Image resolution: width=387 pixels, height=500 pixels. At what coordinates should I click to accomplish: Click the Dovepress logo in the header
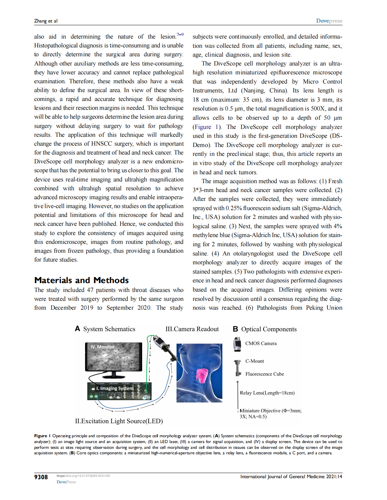[x=329, y=21]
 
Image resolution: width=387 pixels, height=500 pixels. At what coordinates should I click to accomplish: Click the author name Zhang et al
[x=46, y=21]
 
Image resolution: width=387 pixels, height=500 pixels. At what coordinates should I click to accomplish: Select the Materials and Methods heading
[x=81, y=280]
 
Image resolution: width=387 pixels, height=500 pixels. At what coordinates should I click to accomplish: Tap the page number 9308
[x=41, y=477]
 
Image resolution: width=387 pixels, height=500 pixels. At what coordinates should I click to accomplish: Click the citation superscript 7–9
[x=180, y=34]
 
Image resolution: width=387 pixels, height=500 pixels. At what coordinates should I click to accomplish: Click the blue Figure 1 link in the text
[x=206, y=127]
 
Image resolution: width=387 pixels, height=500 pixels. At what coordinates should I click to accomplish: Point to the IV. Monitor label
[x=102, y=347]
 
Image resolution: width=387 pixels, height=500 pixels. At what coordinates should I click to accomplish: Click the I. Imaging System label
[x=114, y=388]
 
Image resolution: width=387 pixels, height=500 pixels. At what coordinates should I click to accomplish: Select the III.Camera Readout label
[x=192, y=329]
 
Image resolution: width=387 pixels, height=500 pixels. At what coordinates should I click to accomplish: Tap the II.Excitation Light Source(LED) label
[x=119, y=421]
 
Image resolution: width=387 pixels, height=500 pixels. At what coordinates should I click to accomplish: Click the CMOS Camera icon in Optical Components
[x=237, y=344]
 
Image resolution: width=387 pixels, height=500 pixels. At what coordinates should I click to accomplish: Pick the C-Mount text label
[x=254, y=361]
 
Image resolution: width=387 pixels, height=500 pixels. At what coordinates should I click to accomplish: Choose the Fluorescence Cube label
[x=264, y=374]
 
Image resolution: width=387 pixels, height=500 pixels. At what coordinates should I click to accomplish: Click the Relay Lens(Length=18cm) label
[x=267, y=393]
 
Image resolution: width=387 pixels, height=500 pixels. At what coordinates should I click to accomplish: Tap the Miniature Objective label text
[x=270, y=411]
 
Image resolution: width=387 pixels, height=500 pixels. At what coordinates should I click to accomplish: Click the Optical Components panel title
[x=268, y=329]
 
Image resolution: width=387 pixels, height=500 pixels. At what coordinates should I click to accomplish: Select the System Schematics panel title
[x=109, y=329]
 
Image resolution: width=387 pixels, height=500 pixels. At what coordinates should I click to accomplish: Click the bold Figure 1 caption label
[x=42, y=436]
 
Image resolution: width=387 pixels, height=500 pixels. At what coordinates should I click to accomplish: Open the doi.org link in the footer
[x=83, y=476]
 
